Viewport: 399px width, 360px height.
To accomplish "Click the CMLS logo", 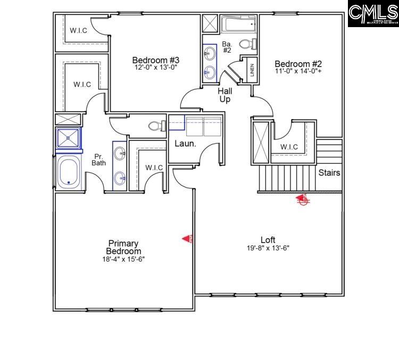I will coord(373,13).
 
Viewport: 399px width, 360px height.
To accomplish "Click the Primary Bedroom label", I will coord(123,247).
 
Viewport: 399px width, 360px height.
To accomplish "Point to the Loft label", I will coord(268,240).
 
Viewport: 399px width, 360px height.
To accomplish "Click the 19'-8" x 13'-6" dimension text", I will coord(268,248).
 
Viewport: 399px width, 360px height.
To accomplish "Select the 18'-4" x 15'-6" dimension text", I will coord(123,259).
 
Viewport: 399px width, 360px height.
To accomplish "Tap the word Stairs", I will coord(329,173).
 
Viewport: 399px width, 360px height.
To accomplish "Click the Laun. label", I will coord(186,144).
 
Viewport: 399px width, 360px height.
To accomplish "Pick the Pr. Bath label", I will coord(99,160).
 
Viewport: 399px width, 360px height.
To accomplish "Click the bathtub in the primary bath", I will coord(69,171).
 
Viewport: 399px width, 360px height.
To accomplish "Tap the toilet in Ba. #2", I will coord(247,44).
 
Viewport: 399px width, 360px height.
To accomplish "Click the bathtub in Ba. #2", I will coord(238,24).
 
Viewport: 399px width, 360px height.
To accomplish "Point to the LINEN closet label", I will coord(252,71).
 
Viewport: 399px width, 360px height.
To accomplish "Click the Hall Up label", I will coord(225,95).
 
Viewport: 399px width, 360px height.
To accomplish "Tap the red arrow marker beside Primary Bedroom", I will coord(187,239).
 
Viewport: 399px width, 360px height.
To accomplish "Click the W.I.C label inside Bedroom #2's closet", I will coord(288,147).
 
